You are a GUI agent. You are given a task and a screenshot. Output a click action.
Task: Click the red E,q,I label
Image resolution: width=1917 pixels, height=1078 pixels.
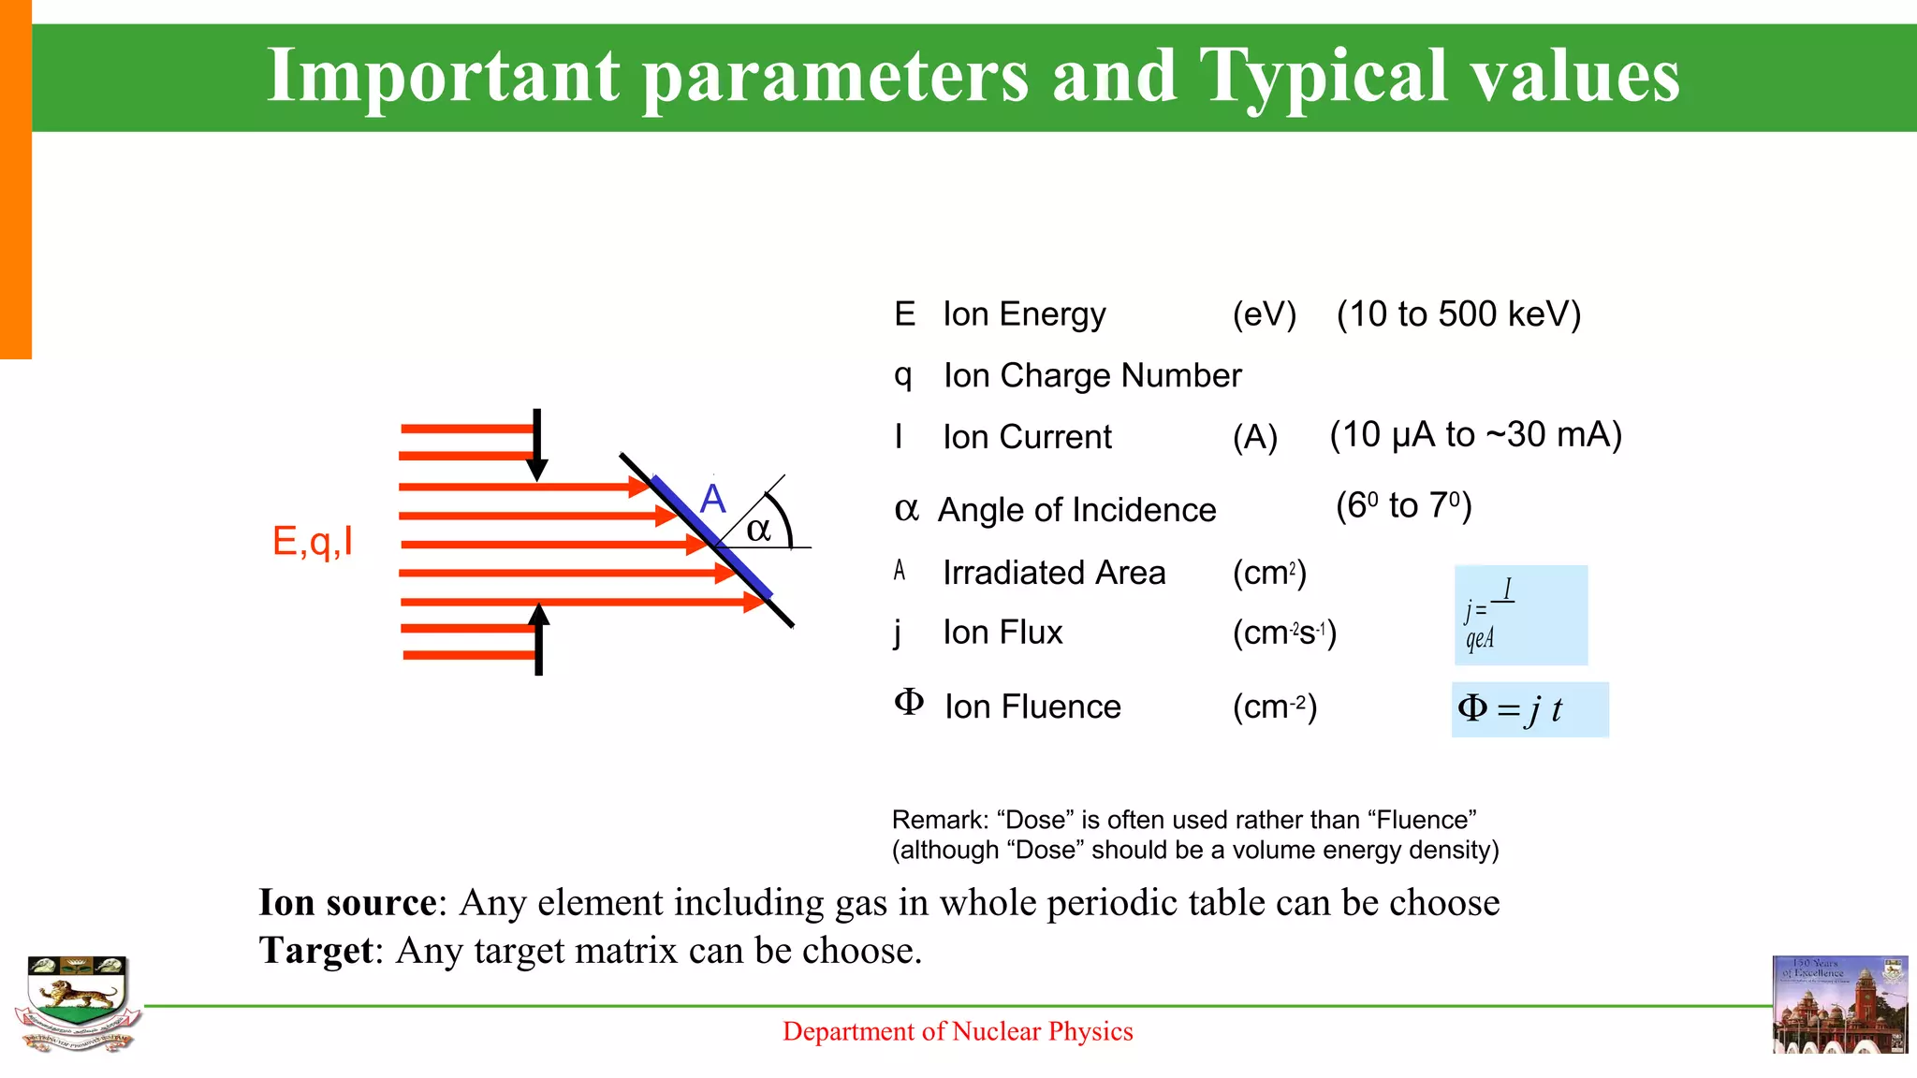click(313, 541)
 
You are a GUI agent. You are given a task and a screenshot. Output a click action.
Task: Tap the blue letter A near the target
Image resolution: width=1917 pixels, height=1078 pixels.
click(713, 499)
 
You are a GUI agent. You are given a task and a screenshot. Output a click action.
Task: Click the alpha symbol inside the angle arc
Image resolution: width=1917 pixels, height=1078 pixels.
click(758, 530)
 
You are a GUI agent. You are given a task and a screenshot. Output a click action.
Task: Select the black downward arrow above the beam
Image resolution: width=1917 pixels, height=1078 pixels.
click(537, 445)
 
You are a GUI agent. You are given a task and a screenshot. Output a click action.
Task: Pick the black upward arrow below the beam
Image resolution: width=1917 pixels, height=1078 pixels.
click(538, 639)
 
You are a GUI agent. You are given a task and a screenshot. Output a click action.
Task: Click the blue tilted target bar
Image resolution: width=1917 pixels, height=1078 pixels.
click(711, 536)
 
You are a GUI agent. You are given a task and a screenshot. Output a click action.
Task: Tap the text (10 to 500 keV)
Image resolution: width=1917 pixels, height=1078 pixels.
click(1458, 314)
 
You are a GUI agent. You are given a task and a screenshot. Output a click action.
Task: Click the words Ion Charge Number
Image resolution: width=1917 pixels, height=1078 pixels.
click(1091, 375)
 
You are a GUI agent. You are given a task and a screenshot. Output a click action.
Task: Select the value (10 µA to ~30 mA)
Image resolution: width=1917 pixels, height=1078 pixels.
click(1475, 435)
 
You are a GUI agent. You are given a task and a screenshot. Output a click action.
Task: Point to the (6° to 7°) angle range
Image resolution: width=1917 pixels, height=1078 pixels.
click(1403, 506)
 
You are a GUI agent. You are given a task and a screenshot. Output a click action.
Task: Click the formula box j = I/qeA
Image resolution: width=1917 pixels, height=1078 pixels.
click(1520, 615)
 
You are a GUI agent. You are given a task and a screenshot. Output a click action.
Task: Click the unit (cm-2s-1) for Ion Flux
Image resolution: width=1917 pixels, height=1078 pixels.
click(1284, 634)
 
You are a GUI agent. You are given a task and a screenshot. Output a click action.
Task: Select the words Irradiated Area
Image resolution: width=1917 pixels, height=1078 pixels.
click(1054, 573)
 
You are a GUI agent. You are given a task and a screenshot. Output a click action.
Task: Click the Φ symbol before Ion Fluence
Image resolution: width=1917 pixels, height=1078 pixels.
click(909, 702)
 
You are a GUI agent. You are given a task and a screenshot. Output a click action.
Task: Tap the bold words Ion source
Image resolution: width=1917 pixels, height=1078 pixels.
click(347, 903)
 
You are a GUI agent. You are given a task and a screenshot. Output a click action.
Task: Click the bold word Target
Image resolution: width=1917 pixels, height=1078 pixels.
click(316, 951)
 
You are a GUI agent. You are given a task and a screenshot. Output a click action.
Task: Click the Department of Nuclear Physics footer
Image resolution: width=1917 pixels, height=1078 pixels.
click(958, 1031)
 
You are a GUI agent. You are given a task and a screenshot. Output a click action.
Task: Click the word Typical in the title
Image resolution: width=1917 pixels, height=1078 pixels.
click(1324, 77)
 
